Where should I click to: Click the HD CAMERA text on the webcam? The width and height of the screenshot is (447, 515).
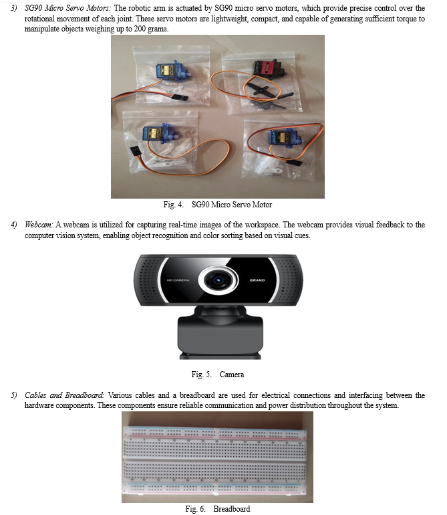coord(178,280)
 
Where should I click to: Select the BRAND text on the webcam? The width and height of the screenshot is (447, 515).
coord(257,280)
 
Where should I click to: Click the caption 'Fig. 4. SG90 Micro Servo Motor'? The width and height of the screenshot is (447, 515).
coord(218,205)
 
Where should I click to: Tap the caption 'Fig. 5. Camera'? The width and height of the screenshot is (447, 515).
coord(218,375)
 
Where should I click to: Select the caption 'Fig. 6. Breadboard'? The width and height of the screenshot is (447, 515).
coord(218,509)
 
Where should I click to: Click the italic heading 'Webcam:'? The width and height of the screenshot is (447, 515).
coord(39,225)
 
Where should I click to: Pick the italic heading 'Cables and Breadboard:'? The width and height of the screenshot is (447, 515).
coord(64,395)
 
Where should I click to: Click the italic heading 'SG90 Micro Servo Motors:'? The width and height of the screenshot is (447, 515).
coord(68,8)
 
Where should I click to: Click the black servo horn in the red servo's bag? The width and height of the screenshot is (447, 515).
coord(261,90)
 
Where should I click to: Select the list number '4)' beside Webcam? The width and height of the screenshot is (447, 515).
coord(14,225)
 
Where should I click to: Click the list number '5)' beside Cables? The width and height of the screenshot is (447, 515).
coord(14,395)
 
